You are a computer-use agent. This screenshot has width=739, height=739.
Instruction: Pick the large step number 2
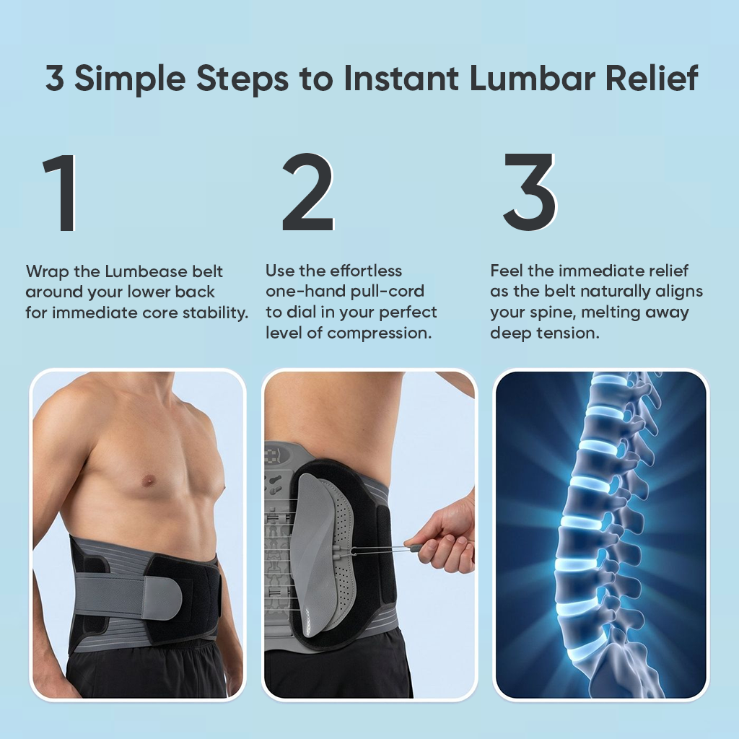pyautogui.click(x=307, y=192)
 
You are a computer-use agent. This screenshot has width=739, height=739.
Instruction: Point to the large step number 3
pyautogui.click(x=530, y=191)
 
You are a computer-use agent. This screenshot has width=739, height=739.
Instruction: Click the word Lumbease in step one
pyautogui.click(x=146, y=271)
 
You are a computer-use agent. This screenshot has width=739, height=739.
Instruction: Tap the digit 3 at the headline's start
pyautogui.click(x=55, y=78)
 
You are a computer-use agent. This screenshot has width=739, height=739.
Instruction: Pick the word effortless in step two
pyautogui.click(x=366, y=271)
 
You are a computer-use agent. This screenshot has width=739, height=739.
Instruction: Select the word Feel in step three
pyautogui.click(x=507, y=271)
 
